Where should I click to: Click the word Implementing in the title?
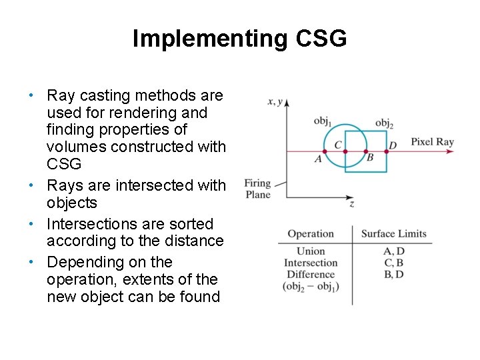point(206,39)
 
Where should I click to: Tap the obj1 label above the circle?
point(323,121)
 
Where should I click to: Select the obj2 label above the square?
point(384,122)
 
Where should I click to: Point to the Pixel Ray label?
point(432,141)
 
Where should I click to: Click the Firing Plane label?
point(257,189)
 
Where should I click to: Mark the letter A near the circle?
point(318,159)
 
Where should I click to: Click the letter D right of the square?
point(393,145)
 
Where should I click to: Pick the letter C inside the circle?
point(338,145)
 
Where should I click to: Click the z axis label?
point(351,204)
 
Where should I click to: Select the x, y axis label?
point(275,101)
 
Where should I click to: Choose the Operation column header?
point(311,234)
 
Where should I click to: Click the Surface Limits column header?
point(393,234)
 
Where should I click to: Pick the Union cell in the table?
point(311,251)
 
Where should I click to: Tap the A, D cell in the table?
point(394,251)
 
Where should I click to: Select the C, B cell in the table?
point(394,263)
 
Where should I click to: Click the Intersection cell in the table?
point(311,263)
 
